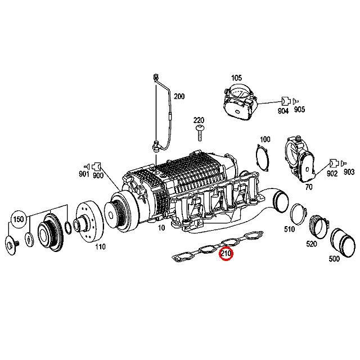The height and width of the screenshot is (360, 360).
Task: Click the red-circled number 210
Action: (x=226, y=255)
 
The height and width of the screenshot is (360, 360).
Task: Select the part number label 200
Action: (x=179, y=96)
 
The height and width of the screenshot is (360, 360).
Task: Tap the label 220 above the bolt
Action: (x=199, y=120)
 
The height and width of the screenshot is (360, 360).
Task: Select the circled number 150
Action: (x=19, y=219)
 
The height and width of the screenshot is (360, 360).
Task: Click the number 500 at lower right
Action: (x=334, y=259)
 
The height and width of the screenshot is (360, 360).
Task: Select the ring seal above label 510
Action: (x=296, y=213)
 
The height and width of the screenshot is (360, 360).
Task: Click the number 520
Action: (x=311, y=244)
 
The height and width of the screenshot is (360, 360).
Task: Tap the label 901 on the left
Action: (x=84, y=175)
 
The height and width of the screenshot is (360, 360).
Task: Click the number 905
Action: (x=299, y=111)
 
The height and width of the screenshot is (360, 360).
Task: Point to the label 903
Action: (x=349, y=172)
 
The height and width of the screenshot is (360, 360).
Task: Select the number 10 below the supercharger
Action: (x=161, y=228)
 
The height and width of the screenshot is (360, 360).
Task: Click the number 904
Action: (x=283, y=111)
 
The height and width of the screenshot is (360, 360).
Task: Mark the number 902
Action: (x=332, y=174)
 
